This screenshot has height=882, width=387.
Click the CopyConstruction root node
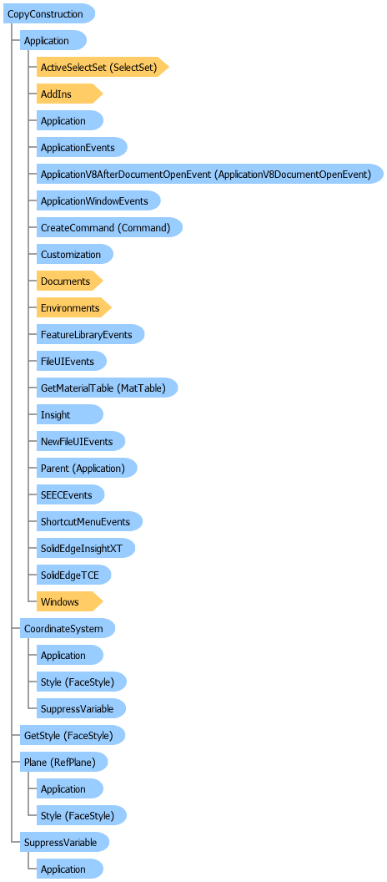coord(49,13)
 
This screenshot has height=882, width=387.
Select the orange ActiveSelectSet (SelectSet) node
coord(103,67)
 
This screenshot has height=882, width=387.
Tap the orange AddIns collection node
coord(70,94)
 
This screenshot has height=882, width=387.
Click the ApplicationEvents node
coord(82,147)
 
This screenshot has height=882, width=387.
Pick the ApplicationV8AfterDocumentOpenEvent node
coord(210,175)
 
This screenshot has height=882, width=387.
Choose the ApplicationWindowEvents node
coord(99,200)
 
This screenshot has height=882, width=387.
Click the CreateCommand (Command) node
coord(109,228)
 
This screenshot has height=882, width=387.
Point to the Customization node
coord(75,254)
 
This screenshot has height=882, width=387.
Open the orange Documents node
coord(70,281)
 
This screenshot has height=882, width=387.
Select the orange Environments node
coord(74,307)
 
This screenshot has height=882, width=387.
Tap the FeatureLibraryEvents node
coord(90,335)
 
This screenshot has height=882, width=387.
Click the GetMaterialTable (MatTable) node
coord(108,388)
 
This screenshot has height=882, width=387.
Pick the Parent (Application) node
coord(87,468)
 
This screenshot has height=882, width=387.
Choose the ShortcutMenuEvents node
coord(89,521)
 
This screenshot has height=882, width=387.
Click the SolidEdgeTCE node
coord(73,575)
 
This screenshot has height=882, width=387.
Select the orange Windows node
coord(70,602)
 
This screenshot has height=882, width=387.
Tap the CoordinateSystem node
coord(68,628)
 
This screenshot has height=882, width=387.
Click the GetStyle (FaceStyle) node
coord(73,735)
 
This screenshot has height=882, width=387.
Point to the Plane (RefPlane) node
coord(64,763)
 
